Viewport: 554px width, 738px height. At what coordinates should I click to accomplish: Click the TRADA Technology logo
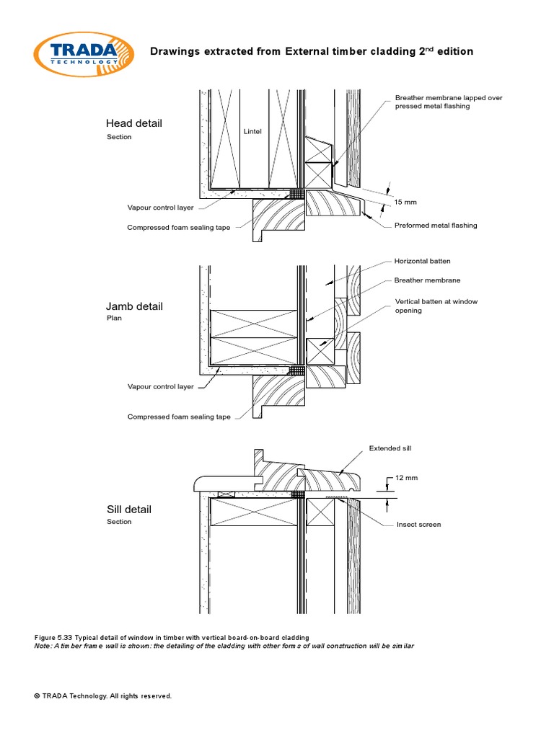click(83, 51)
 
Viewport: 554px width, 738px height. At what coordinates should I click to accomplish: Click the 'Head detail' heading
click(133, 123)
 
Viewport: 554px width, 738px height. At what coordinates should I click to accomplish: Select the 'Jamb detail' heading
click(134, 306)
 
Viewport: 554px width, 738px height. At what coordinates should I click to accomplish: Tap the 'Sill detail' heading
click(128, 510)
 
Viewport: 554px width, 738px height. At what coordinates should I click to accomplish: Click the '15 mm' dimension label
click(406, 202)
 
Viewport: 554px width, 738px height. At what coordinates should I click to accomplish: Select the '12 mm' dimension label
click(407, 478)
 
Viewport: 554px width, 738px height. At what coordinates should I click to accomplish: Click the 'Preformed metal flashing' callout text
click(435, 226)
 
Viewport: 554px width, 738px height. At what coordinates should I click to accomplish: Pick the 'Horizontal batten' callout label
click(422, 261)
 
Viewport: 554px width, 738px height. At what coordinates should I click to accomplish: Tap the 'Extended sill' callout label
click(390, 448)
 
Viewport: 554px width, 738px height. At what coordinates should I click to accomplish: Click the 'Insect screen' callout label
click(418, 524)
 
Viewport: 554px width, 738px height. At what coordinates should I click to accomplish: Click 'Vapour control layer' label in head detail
click(160, 208)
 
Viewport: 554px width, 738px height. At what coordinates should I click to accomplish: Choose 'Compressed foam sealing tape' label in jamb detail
click(179, 417)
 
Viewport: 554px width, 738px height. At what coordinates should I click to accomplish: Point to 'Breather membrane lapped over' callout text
click(448, 97)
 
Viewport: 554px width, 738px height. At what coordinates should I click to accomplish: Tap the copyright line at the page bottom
click(102, 696)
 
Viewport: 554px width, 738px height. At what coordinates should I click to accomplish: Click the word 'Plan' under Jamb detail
click(114, 318)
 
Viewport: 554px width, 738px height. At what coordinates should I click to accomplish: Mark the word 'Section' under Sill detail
click(119, 522)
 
